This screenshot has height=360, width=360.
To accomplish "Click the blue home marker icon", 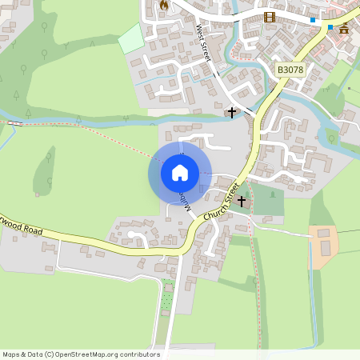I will (x=180, y=172).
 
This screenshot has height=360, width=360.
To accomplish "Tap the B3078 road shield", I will (x=290, y=70).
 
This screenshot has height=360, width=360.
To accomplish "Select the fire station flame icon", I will (x=165, y=6).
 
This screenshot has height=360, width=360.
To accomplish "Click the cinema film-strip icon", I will (x=270, y=17).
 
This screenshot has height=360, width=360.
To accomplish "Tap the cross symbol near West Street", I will (x=232, y=113).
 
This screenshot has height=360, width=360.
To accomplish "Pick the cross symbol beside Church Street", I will (x=241, y=202).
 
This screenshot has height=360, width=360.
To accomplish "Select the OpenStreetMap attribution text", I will (x=82, y=354).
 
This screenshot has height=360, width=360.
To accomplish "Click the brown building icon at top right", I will (x=344, y=28).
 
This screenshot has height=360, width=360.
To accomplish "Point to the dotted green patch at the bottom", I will (x=167, y=297).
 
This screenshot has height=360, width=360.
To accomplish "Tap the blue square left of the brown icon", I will (x=330, y=27).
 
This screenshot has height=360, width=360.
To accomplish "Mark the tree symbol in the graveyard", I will (x=274, y=194).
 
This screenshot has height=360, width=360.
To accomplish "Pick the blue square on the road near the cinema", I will (x=313, y=19).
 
